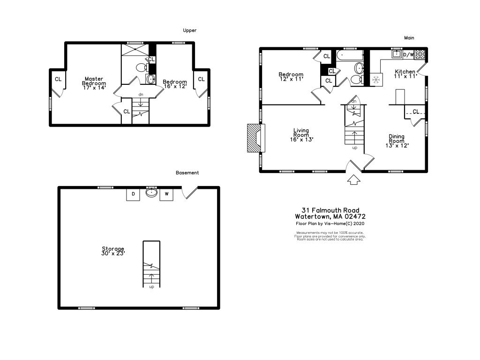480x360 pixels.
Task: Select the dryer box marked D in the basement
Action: click(x=133, y=194)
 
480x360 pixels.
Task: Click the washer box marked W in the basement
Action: click(x=166, y=194)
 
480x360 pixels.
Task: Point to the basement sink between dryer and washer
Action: click(x=151, y=193)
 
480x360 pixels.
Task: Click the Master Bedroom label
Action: click(x=94, y=83)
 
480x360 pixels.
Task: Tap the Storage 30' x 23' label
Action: click(x=113, y=251)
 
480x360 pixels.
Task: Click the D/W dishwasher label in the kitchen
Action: click(x=409, y=55)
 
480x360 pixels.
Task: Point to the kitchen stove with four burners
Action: click(x=420, y=54)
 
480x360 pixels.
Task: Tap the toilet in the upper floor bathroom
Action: click(x=141, y=68)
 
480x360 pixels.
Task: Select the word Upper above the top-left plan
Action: click(x=190, y=30)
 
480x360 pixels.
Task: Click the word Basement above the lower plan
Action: click(x=187, y=173)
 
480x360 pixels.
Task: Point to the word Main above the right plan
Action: click(x=409, y=38)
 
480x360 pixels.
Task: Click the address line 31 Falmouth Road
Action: click(x=330, y=210)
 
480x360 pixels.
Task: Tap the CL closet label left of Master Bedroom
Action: click(x=58, y=79)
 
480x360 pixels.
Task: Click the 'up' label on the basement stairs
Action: click(x=151, y=286)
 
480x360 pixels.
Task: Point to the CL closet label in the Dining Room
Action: click(x=416, y=112)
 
